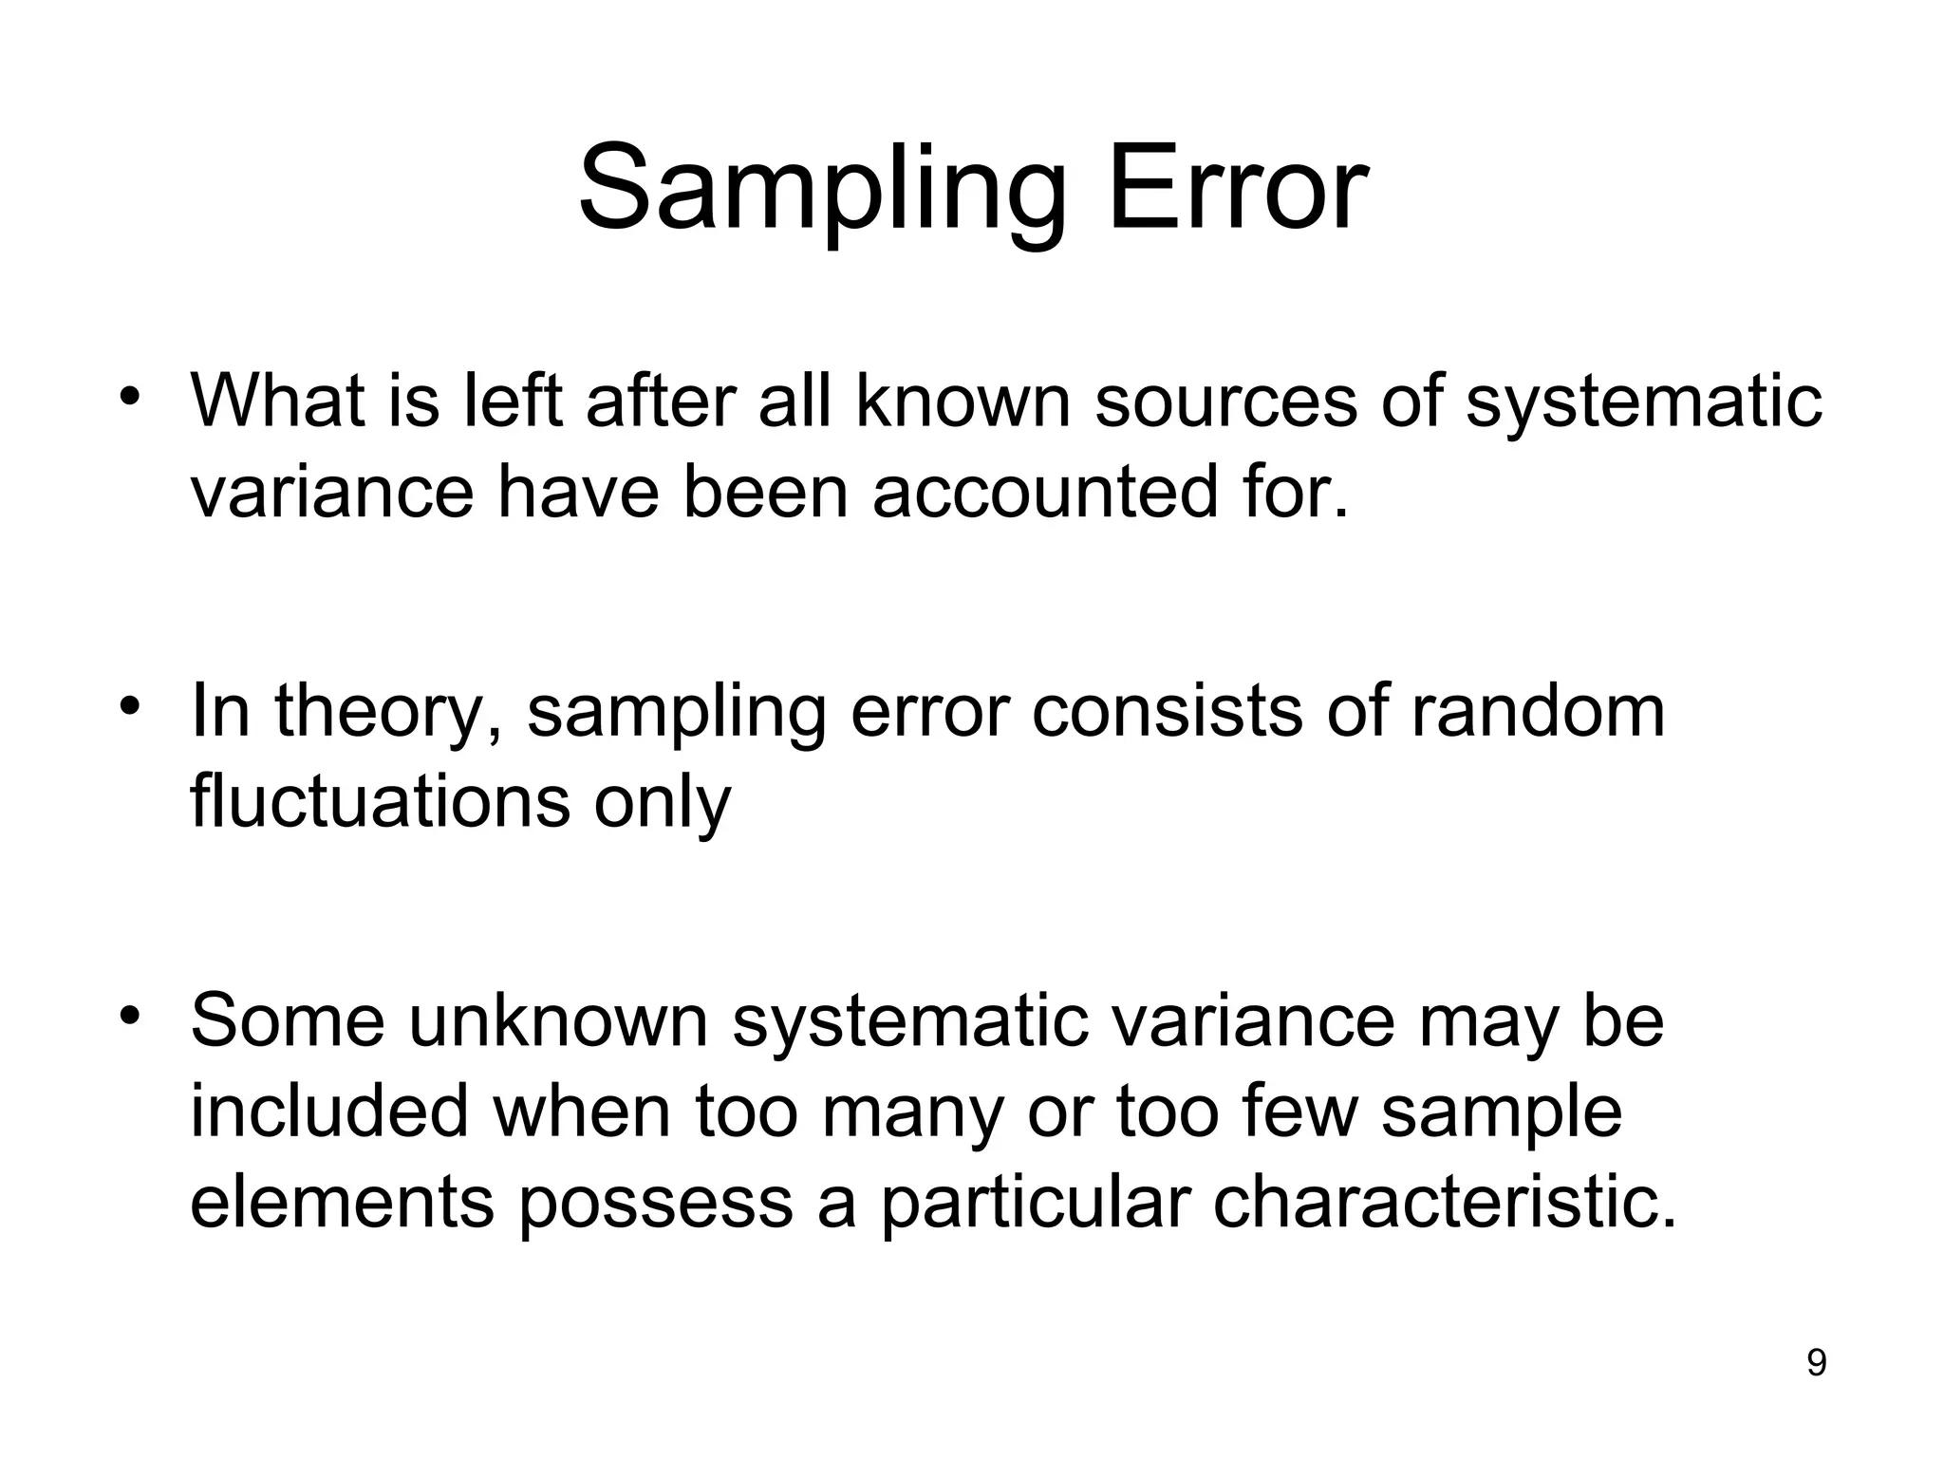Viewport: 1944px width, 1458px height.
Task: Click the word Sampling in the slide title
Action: click(x=822, y=190)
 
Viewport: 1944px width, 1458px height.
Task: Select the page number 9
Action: click(x=1816, y=1363)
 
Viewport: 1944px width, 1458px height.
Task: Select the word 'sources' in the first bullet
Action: click(x=1225, y=401)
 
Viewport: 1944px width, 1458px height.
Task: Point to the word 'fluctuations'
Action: click(x=380, y=801)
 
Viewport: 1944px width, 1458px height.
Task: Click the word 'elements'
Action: click(x=343, y=1203)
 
